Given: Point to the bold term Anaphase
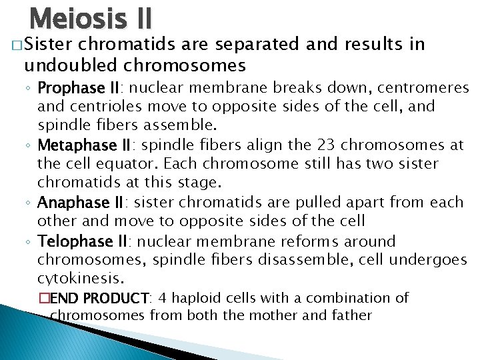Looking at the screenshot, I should (x=66, y=203).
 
